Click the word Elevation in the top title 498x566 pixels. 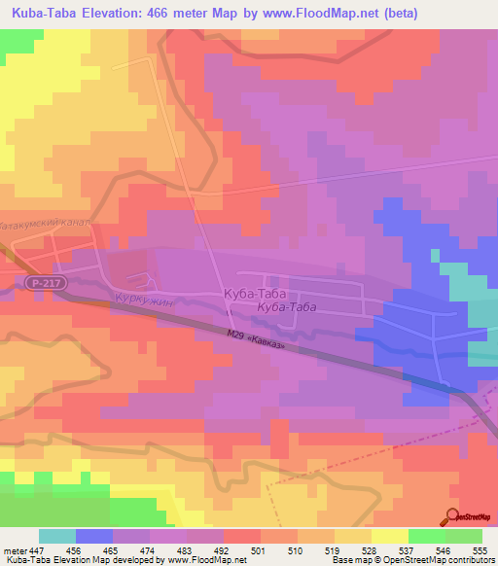pos(118,15)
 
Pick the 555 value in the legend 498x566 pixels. pos(480,549)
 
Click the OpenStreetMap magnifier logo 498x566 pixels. pos(453,515)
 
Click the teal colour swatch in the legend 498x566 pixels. pos(57,536)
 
